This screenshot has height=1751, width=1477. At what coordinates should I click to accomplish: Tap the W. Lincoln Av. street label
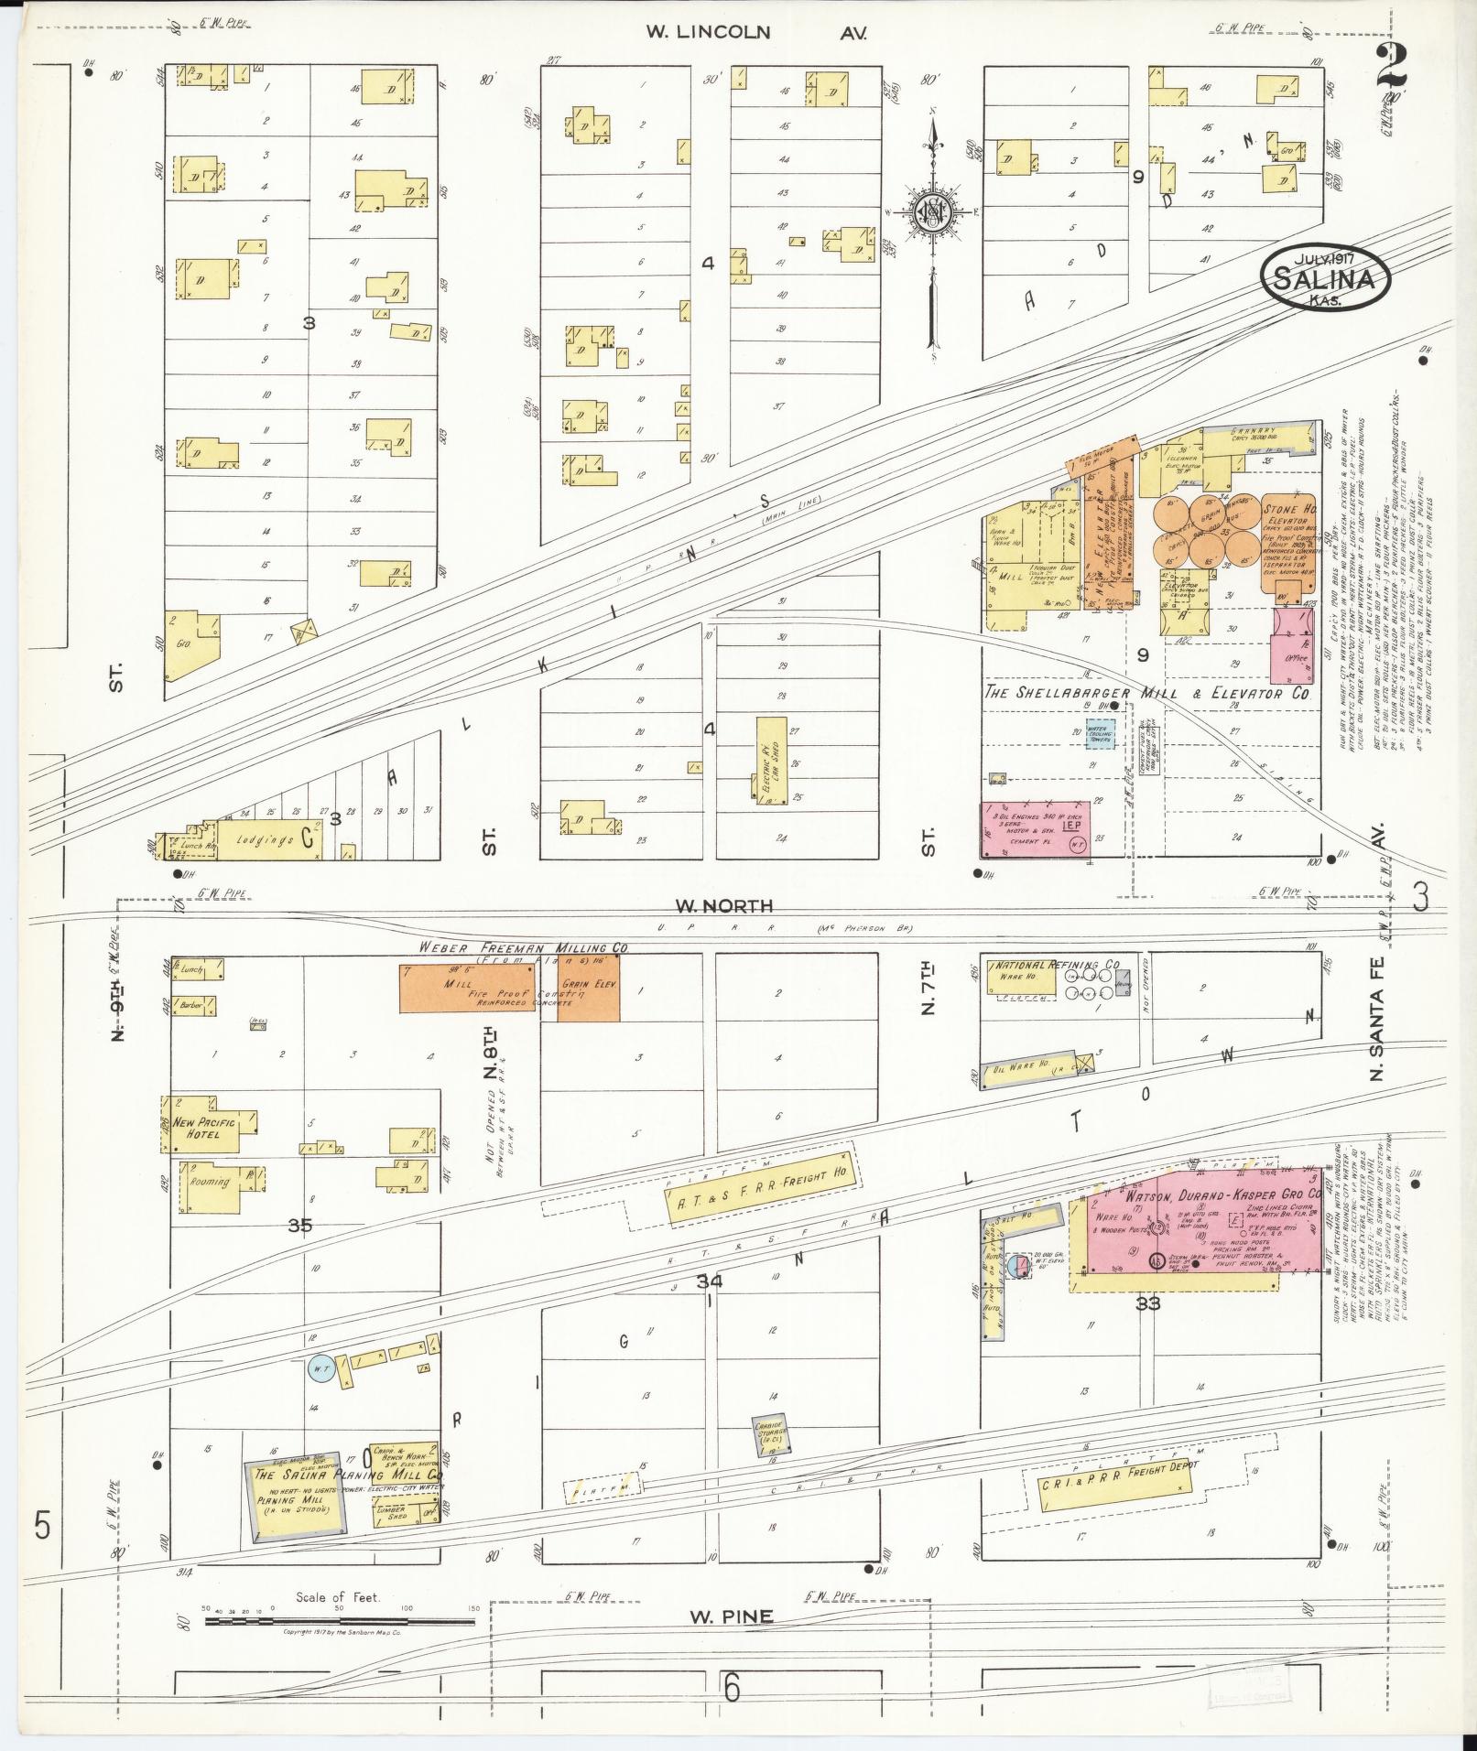pos(755,32)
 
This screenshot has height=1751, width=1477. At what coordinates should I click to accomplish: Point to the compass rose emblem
pos(933,212)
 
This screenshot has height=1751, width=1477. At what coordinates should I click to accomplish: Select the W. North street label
pos(723,906)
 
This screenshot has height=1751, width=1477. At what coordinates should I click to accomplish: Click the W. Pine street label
pos(730,1616)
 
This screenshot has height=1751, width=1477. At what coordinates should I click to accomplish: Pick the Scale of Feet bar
pos(339,1621)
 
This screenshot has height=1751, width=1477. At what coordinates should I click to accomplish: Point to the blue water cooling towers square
pos(1100,734)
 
